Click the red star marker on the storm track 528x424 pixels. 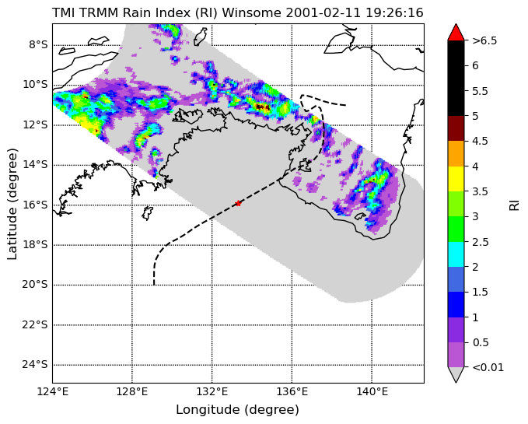(x=238, y=203)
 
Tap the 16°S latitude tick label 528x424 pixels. (x=35, y=205)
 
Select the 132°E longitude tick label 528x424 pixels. (x=212, y=391)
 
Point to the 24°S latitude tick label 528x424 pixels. (x=35, y=365)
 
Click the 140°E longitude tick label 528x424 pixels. (x=372, y=391)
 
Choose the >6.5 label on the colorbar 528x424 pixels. (x=484, y=40)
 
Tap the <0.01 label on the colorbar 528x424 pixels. (x=488, y=367)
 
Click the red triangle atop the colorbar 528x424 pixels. (x=456, y=33)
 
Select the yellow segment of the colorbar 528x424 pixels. (x=456, y=179)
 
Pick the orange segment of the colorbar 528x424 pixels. (x=456, y=153)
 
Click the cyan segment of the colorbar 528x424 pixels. (x=456, y=254)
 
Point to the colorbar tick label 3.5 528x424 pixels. (x=481, y=191)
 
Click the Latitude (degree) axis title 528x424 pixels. (x=12, y=204)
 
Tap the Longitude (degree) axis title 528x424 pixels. (x=238, y=410)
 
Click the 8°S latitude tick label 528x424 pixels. (x=38, y=45)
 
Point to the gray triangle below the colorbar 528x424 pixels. (x=456, y=374)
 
